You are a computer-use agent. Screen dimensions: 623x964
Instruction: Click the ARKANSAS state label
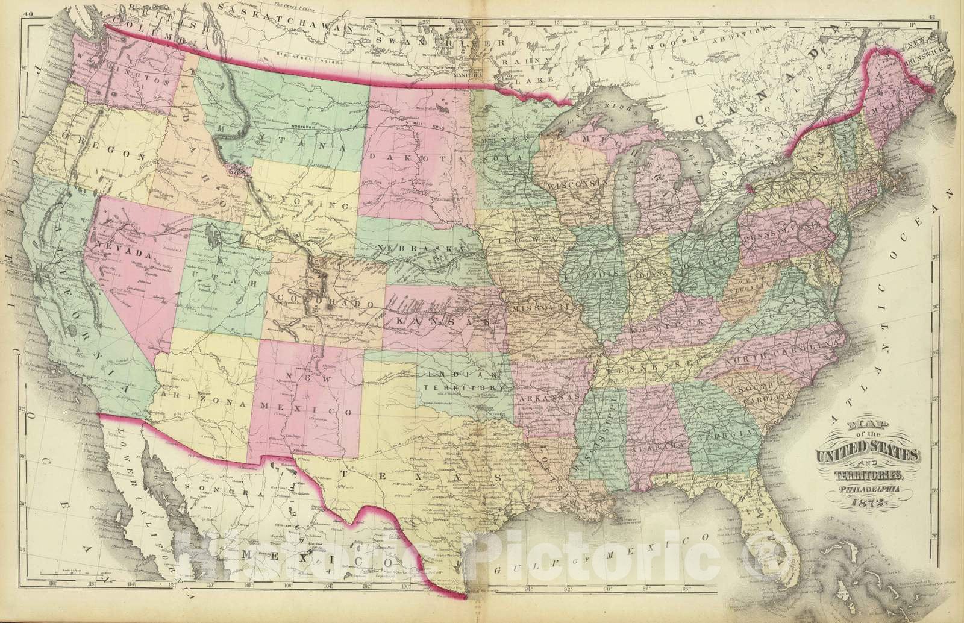549,398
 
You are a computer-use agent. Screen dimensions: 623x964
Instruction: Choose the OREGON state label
102,155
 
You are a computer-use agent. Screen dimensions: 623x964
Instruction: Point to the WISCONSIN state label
575,181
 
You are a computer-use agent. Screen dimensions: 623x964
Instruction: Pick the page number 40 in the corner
27,8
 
